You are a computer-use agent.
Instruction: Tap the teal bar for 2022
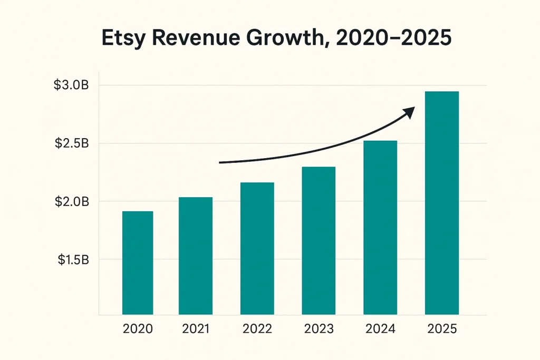[x=257, y=248]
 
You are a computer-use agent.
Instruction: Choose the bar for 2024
[x=380, y=228]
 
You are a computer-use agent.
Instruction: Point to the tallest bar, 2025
[x=442, y=203]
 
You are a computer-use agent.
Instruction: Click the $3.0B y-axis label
[x=72, y=85]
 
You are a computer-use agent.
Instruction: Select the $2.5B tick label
[x=72, y=143]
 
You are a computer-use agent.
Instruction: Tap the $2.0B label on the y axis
[x=72, y=201]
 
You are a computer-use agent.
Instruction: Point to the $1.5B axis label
[x=72, y=259]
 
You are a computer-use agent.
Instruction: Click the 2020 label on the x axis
[x=138, y=329]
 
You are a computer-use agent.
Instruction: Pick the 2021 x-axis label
[x=196, y=329]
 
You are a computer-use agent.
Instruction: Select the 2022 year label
[x=257, y=329]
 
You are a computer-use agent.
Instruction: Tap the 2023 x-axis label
[x=319, y=329]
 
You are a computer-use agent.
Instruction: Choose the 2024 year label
[x=380, y=329]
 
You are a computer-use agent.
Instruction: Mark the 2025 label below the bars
[x=442, y=329]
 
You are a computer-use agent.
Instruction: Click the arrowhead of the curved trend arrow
[x=409, y=111]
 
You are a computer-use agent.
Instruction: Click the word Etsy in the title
[x=125, y=40]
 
